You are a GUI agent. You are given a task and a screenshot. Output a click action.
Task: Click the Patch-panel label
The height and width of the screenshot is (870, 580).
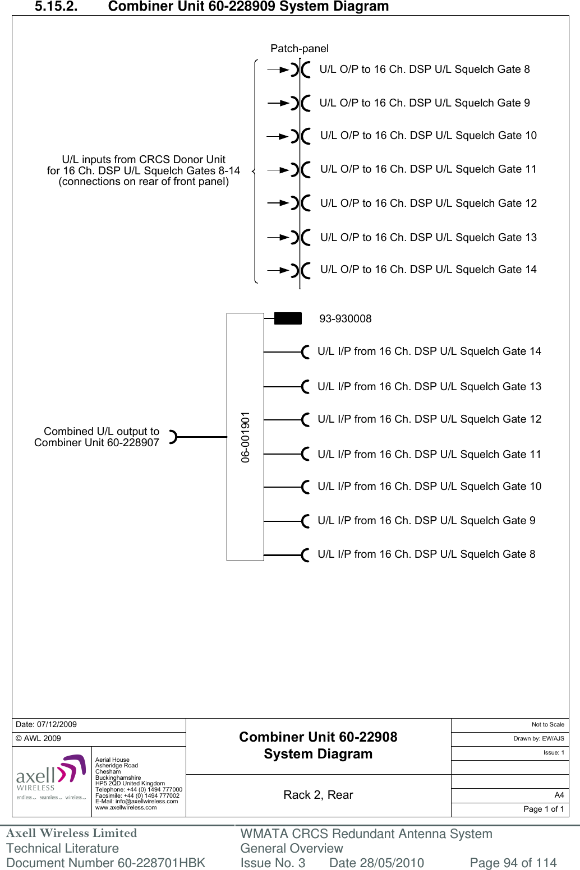pos(299,49)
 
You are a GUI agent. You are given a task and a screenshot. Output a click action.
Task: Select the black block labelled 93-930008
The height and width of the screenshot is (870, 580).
pos(288,319)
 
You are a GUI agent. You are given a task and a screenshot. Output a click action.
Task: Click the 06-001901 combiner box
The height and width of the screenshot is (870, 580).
pos(245,437)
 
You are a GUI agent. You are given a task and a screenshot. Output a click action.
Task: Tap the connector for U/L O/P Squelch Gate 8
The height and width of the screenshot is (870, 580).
pos(300,70)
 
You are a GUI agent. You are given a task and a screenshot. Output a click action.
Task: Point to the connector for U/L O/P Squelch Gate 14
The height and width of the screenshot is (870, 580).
pos(300,270)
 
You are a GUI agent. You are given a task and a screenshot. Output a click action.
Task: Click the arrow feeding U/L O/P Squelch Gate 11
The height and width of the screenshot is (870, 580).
pos(278,170)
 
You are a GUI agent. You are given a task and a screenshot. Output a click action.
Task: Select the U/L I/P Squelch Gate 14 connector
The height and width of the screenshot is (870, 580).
pos(305,352)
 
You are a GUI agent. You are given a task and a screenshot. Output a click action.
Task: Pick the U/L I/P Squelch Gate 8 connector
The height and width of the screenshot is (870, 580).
pos(305,555)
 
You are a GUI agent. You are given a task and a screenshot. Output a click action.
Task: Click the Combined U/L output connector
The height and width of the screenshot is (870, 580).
pos(173,437)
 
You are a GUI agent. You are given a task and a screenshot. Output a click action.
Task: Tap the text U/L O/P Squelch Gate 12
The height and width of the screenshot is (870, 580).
pos(428,203)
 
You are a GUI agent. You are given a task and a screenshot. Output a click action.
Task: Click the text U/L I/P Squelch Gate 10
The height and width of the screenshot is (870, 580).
pos(429,487)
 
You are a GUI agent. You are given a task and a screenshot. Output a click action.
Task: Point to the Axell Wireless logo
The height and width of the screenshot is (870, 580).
pos(51,778)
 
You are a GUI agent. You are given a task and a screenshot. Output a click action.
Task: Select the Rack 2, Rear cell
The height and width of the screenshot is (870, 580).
pos(318,795)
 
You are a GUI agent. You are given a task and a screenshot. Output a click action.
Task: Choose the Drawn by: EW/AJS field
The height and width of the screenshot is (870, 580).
pos(538,738)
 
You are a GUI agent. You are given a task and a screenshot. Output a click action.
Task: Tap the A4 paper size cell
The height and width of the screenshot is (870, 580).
pos(559,795)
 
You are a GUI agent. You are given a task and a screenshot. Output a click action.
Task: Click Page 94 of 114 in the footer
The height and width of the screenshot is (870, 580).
pos(513,863)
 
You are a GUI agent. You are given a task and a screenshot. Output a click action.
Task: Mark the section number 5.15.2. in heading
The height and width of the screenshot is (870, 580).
pos(56,7)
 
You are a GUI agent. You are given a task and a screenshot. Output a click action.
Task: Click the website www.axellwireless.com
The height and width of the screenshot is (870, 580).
pos(126,808)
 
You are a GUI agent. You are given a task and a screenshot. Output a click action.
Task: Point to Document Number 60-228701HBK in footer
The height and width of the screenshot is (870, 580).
pos(105,863)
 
